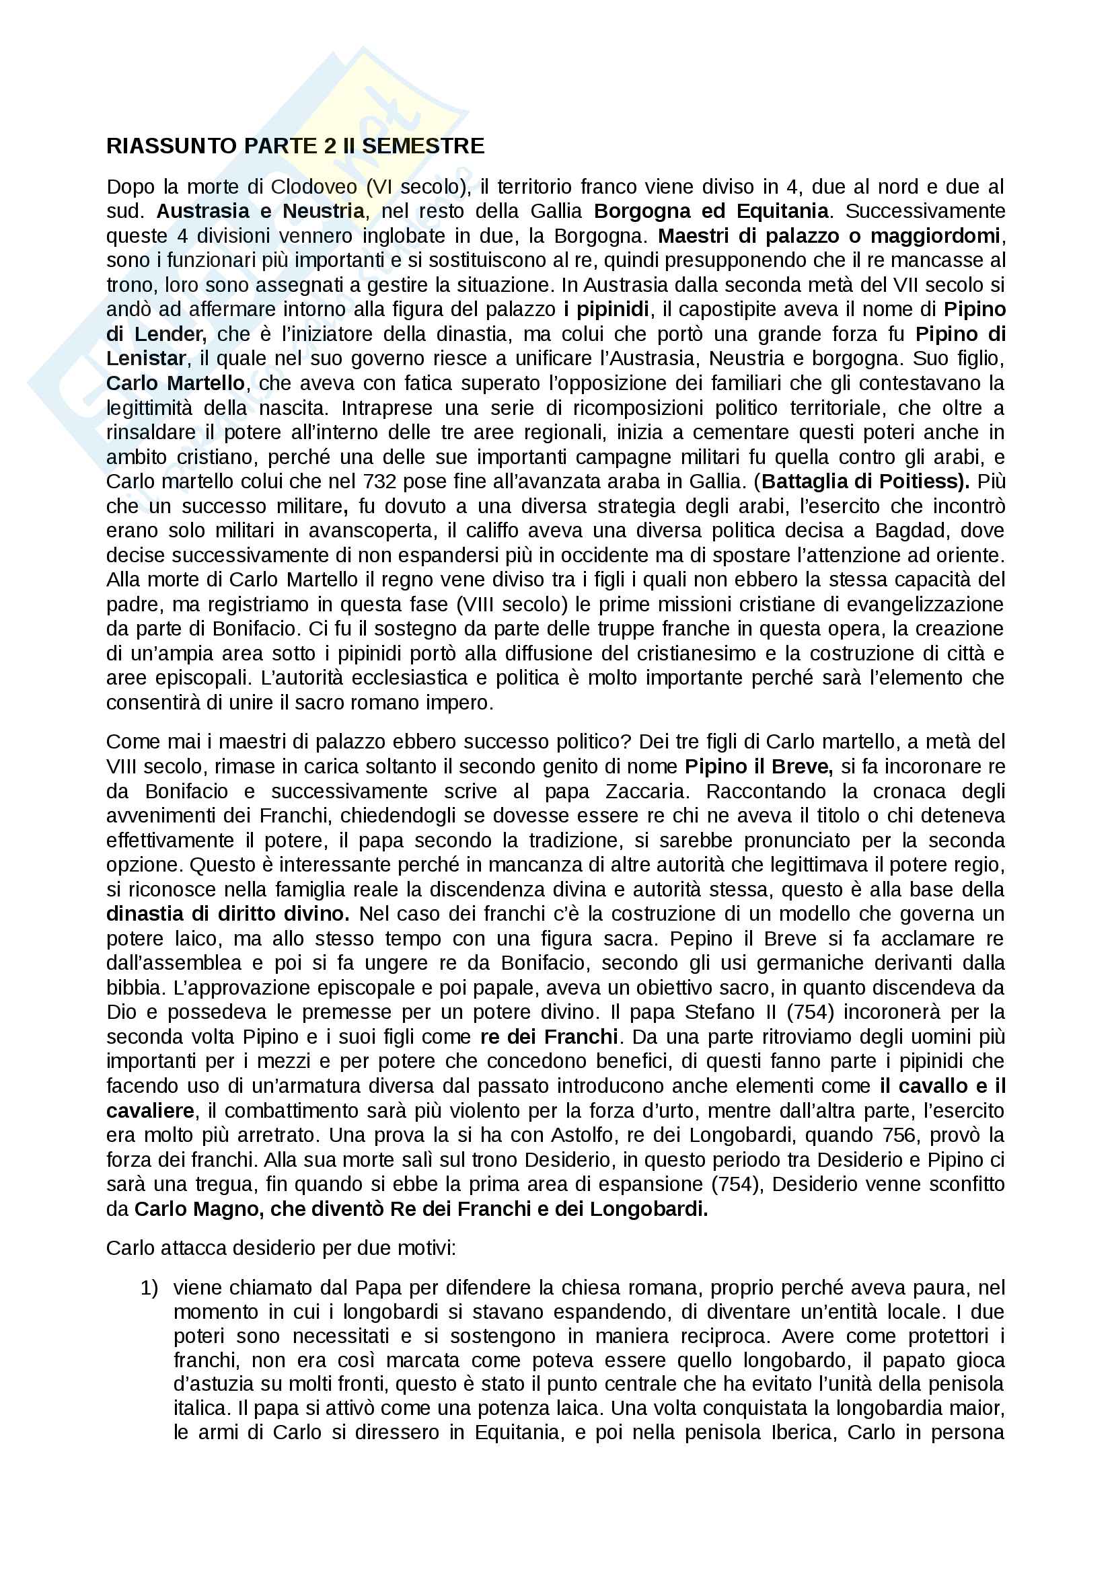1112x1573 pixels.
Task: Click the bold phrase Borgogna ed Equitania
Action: pos(711,210)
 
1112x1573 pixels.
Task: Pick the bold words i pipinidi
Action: pos(605,309)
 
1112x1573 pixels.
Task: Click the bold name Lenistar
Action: pos(145,358)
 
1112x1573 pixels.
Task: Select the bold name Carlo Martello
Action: pos(176,383)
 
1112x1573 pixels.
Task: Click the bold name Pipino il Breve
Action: pos(758,767)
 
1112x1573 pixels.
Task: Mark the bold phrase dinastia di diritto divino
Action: pos(228,914)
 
